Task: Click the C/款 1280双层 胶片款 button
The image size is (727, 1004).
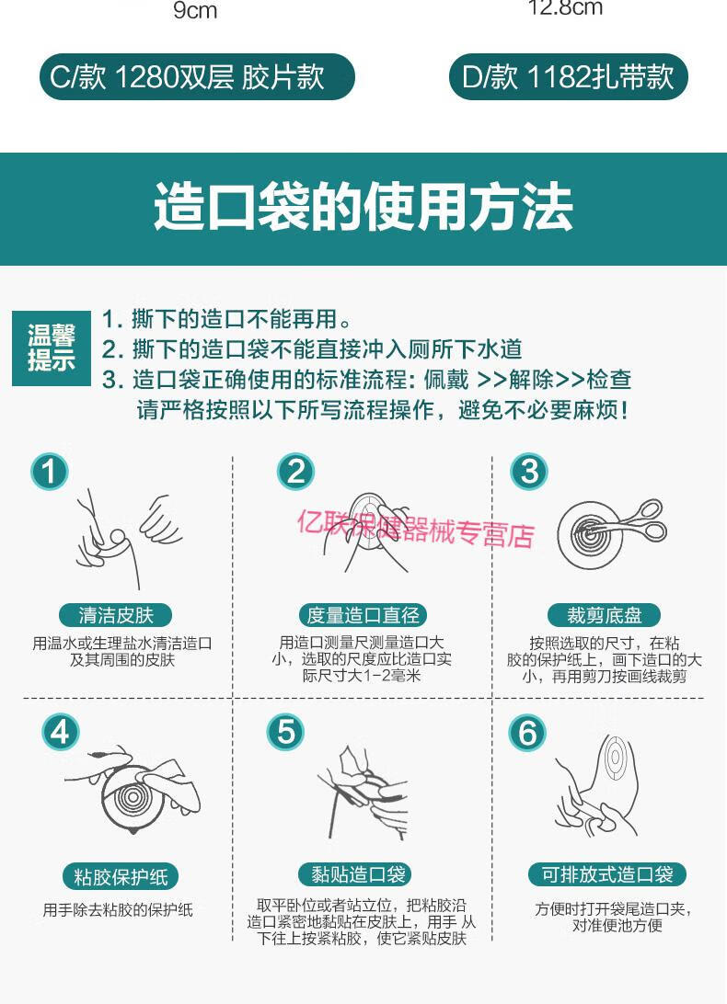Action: pyautogui.click(x=197, y=77)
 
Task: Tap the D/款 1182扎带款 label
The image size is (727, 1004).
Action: pyautogui.click(x=568, y=77)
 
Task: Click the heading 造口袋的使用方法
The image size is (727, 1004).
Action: pyautogui.click(x=363, y=208)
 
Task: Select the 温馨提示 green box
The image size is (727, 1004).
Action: pyautogui.click(x=52, y=348)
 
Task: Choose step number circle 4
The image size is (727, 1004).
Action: pyautogui.click(x=61, y=732)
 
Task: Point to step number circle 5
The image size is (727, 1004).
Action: pyautogui.click(x=286, y=732)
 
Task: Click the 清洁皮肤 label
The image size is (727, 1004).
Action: pyautogui.click(x=116, y=615)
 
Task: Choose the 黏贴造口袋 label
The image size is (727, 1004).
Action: pyautogui.click(x=354, y=874)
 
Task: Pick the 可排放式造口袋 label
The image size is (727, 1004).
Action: pyautogui.click(x=607, y=874)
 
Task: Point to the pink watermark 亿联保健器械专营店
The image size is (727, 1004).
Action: pyautogui.click(x=414, y=528)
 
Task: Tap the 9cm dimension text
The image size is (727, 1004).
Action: pyautogui.click(x=195, y=12)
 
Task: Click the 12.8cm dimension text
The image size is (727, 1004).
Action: pyautogui.click(x=565, y=8)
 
